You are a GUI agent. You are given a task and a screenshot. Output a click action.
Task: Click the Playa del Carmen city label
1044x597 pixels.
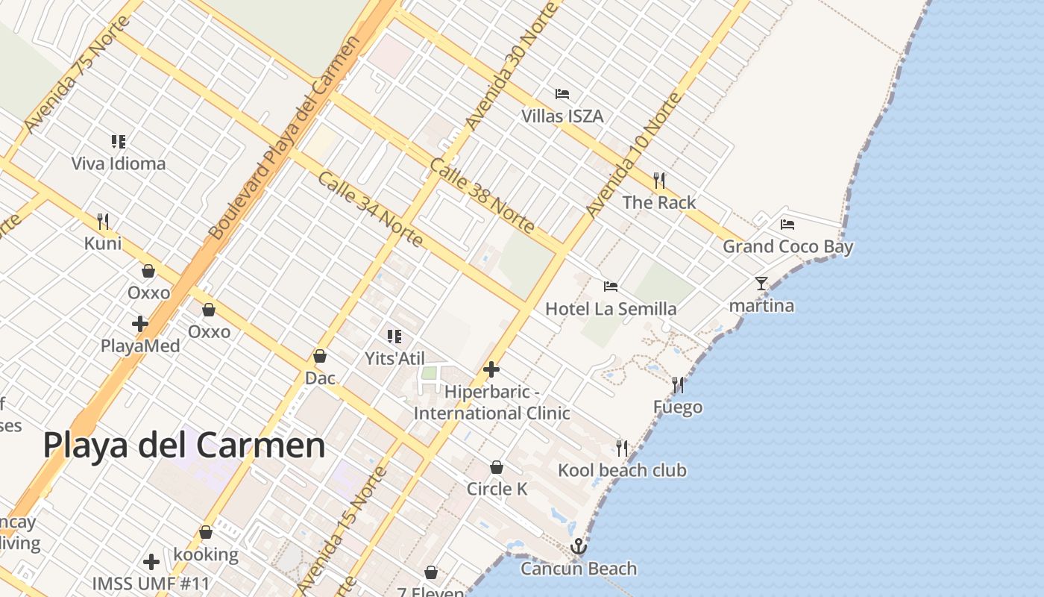pyautogui.click(x=184, y=446)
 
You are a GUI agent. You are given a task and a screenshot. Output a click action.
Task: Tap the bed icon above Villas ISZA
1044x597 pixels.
pyautogui.click(x=562, y=94)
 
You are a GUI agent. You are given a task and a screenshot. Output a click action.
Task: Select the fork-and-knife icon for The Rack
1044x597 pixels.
pyautogui.click(x=659, y=181)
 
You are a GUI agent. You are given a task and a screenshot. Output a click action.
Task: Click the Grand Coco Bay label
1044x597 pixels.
pyautogui.click(x=788, y=246)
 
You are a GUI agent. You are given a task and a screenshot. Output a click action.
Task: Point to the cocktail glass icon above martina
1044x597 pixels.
pyautogui.click(x=761, y=283)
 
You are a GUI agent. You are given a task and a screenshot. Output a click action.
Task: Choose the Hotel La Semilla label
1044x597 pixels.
pyautogui.click(x=611, y=308)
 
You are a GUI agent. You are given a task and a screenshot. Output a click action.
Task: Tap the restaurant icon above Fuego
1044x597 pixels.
pyautogui.click(x=678, y=385)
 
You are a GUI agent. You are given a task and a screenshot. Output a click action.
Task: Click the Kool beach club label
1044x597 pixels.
pyautogui.click(x=623, y=470)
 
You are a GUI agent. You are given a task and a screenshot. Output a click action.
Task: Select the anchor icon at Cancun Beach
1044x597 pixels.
pyautogui.click(x=579, y=548)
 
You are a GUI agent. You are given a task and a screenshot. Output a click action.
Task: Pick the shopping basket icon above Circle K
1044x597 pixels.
pyautogui.click(x=497, y=467)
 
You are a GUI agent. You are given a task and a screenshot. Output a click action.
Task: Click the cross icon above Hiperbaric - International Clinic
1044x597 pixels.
pyautogui.click(x=491, y=369)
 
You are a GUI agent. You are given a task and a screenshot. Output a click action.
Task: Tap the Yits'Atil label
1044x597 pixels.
pyautogui.click(x=394, y=358)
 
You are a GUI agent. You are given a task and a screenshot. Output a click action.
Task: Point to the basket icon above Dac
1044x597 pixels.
pyautogui.click(x=320, y=356)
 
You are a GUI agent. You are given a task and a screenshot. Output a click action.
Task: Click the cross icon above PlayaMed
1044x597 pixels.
pyautogui.click(x=140, y=324)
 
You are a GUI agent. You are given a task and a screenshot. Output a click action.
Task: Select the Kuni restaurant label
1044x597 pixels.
pyautogui.click(x=103, y=243)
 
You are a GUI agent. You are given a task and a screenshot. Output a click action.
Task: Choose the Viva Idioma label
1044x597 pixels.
pyautogui.click(x=119, y=163)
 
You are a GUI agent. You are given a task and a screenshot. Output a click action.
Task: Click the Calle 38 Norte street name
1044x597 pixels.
pyautogui.click(x=482, y=195)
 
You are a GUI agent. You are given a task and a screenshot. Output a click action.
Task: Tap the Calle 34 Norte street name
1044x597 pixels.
pyautogui.click(x=371, y=210)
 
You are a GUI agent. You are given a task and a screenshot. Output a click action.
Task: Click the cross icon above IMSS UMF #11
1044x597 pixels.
pyautogui.click(x=151, y=561)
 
